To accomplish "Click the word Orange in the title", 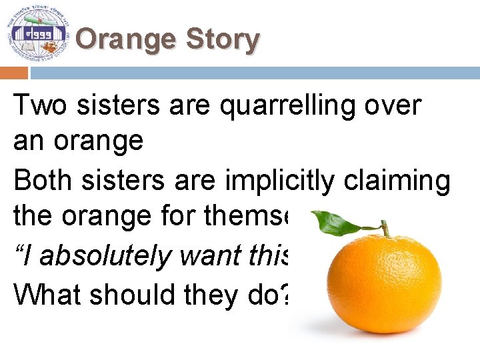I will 126,39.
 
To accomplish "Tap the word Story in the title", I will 222,39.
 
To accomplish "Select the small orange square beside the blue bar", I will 14,73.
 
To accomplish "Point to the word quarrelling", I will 294,105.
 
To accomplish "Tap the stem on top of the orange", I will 385,229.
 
